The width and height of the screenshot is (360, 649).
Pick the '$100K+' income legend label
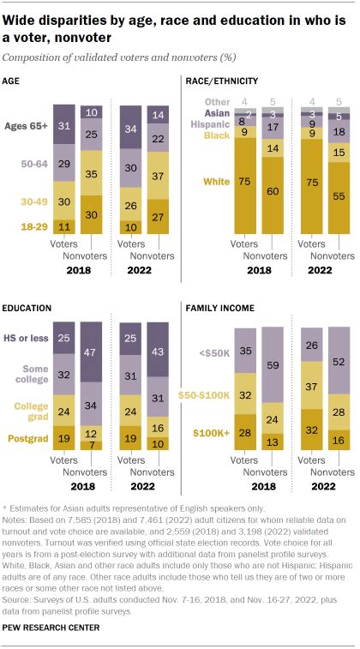click(209, 434)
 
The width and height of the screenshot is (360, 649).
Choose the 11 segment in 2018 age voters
click(63, 227)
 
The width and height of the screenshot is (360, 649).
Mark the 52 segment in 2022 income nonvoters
click(339, 363)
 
